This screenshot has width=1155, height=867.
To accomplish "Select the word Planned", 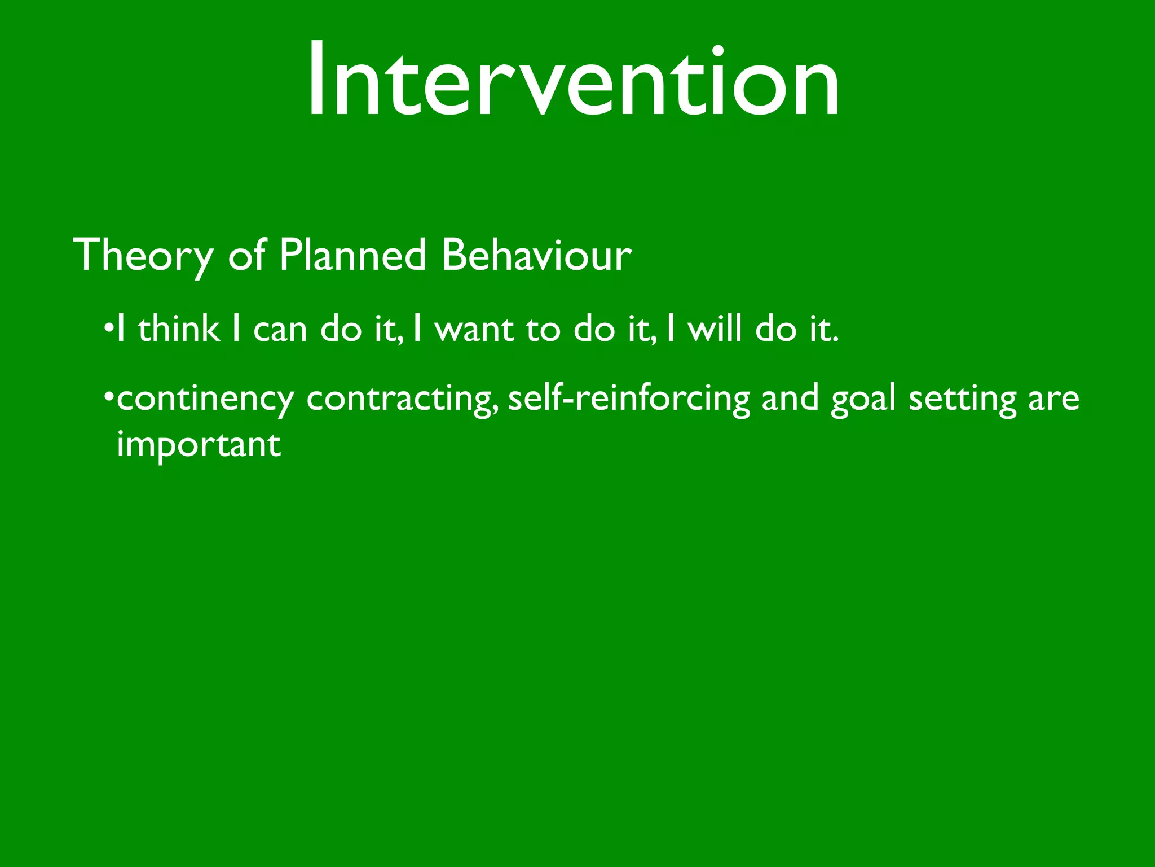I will pyautogui.click(x=352, y=256).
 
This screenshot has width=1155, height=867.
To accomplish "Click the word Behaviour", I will pyautogui.click(x=536, y=256).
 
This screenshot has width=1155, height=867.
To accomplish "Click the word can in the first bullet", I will pyautogui.click(x=280, y=330).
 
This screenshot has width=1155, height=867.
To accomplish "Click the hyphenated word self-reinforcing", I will pyautogui.click(x=629, y=399).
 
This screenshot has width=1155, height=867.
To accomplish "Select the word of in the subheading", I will pyautogui.click(x=246, y=256).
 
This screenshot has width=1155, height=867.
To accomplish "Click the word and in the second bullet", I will pyautogui.click(x=790, y=399).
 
